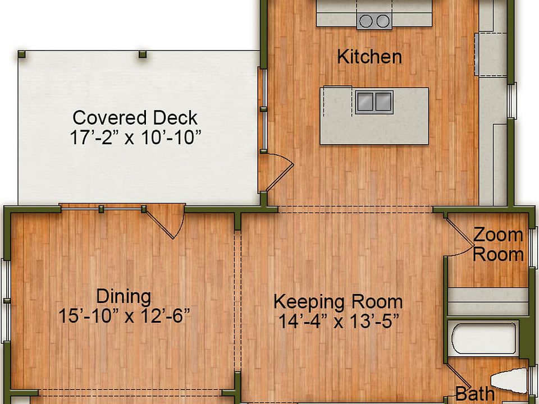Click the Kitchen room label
tap(369, 57)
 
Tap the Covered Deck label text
tap(135, 118)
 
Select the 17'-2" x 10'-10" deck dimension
tap(135, 137)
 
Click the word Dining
tap(123, 296)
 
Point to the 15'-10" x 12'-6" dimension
tap(124, 315)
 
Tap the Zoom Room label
tap(497, 244)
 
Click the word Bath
tap(474, 394)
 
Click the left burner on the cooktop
tap(366, 21)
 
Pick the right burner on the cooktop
tap(383, 21)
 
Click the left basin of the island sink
tap(365, 102)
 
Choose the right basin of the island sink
tap(383, 102)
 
